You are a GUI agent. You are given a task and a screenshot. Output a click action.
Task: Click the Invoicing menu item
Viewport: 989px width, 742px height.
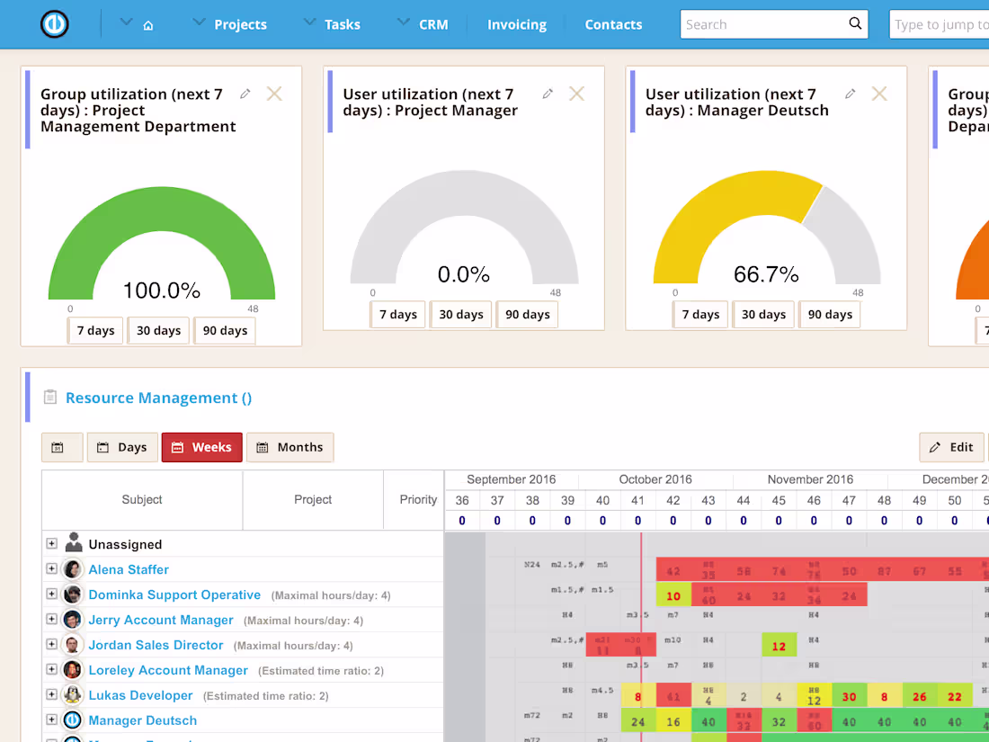click(516, 24)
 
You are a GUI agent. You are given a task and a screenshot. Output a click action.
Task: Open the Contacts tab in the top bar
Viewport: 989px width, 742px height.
click(613, 24)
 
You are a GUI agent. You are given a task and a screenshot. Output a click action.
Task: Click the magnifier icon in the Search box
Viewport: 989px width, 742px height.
click(855, 24)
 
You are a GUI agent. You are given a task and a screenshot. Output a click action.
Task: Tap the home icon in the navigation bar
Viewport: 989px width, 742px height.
click(148, 25)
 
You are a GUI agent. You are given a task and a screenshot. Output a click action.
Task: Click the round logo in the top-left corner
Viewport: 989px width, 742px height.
click(55, 24)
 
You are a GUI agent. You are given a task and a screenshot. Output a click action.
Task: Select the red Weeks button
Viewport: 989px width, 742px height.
click(201, 447)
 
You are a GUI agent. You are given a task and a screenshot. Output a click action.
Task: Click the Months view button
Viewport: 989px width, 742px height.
click(290, 447)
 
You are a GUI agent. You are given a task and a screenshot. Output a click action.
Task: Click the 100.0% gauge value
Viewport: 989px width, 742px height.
click(162, 290)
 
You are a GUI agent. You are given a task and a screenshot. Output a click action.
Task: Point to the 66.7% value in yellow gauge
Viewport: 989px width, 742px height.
click(766, 273)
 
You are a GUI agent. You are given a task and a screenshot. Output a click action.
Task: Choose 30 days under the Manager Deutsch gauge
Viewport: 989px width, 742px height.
click(763, 314)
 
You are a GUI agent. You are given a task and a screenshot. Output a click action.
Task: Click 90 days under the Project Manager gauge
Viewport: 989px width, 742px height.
click(527, 314)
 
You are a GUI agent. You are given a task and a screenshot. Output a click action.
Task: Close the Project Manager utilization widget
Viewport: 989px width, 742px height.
click(577, 94)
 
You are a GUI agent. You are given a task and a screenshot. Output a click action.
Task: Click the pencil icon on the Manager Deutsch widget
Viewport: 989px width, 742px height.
click(850, 94)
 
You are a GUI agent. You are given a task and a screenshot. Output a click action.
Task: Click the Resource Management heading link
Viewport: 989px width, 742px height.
click(158, 398)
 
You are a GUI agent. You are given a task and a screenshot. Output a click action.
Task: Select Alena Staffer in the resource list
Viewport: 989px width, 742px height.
click(129, 569)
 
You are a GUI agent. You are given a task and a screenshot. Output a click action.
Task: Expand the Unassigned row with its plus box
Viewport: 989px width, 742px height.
click(51, 544)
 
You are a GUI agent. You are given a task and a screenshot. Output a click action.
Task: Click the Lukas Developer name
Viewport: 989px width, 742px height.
click(140, 695)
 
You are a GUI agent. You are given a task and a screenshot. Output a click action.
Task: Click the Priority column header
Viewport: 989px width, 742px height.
click(418, 499)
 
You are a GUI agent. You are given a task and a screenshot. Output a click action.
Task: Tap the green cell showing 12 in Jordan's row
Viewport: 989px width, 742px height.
click(779, 646)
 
